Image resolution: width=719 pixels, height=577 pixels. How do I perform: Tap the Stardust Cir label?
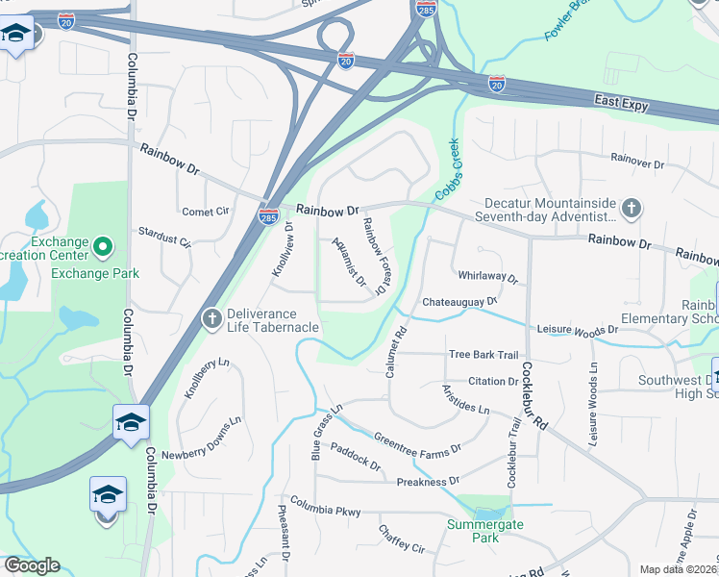pyautogui.click(x=165, y=237)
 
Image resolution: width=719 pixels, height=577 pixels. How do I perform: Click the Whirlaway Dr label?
pyautogui.click(x=487, y=277)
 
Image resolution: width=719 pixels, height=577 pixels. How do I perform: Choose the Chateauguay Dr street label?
pyautogui.click(x=459, y=302)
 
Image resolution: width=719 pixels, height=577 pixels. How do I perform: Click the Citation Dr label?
pyautogui.click(x=493, y=382)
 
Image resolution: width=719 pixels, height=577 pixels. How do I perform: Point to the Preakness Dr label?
pyautogui.click(x=428, y=481)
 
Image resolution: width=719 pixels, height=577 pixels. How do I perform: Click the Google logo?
pyautogui.click(x=32, y=565)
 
